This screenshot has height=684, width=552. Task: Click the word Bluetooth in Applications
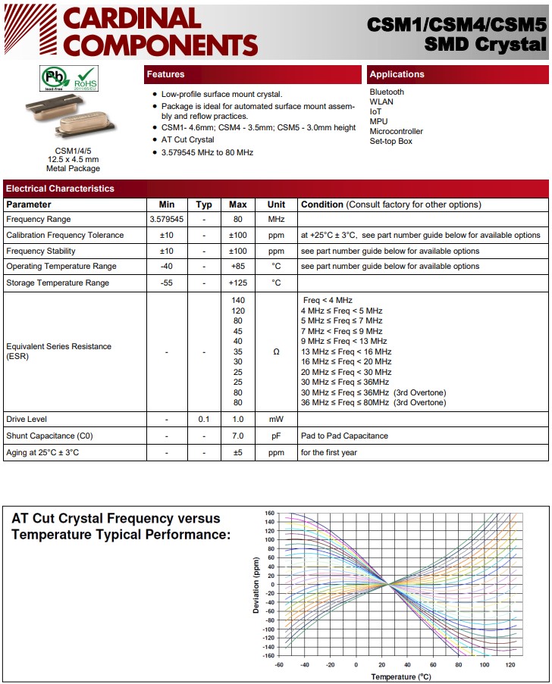pyautogui.click(x=387, y=92)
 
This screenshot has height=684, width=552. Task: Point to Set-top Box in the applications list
pyautogui.click(x=390, y=142)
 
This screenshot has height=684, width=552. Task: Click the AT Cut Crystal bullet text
pyautogui.click(x=188, y=140)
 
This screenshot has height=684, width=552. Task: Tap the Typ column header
pyautogui.click(x=204, y=205)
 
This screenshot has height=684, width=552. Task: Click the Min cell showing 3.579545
pyautogui.click(x=167, y=220)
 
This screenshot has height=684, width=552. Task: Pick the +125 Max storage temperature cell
pyautogui.click(x=238, y=283)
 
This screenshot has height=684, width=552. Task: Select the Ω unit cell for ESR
pyautogui.click(x=276, y=352)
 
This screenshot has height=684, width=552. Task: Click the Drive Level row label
pyautogui.click(x=27, y=420)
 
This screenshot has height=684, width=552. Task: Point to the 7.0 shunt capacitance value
pyautogui.click(x=238, y=436)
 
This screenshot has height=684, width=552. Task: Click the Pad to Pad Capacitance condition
pyautogui.click(x=344, y=436)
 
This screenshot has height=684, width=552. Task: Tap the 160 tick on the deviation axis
pyautogui.click(x=269, y=514)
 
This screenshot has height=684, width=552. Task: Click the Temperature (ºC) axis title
pyautogui.click(x=401, y=676)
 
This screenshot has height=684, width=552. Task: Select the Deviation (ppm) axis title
pyautogui.click(x=257, y=584)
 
